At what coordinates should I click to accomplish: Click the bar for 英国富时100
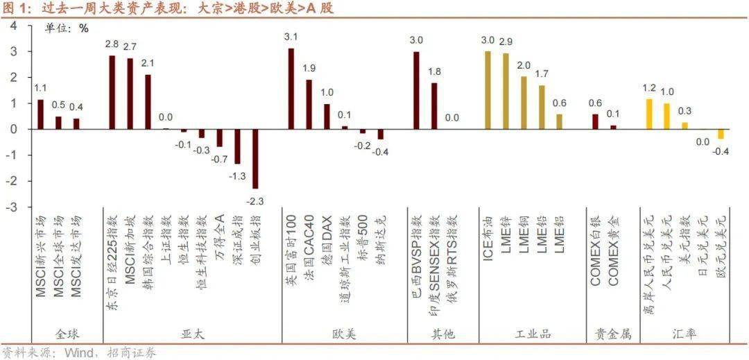[x=291, y=89]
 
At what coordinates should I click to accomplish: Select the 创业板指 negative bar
[x=255, y=159]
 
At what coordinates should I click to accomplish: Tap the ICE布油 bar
[x=488, y=90]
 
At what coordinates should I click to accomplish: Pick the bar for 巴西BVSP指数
[x=416, y=91]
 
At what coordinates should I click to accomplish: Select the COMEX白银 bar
[x=595, y=121]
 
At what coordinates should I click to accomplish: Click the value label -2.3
[x=255, y=201]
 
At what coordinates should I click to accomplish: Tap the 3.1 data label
[x=291, y=36]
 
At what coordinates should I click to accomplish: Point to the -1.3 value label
[x=237, y=176]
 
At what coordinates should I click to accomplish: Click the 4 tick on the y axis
[x=14, y=26]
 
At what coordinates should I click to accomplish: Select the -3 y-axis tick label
[x=12, y=207]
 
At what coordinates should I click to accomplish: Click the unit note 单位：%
[x=67, y=28]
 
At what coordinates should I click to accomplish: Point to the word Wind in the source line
[x=79, y=353]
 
